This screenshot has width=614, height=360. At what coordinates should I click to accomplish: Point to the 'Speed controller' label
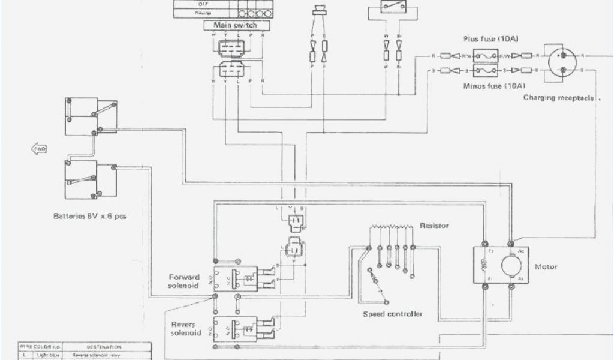point(393,314)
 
